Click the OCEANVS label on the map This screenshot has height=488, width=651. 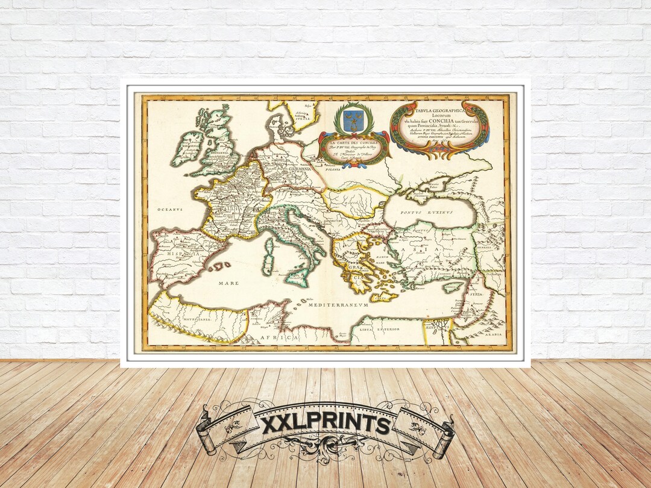(171, 209)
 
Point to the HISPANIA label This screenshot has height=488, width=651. (172, 255)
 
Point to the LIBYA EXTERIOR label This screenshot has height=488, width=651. (380, 329)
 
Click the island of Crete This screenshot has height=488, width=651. (383, 296)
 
